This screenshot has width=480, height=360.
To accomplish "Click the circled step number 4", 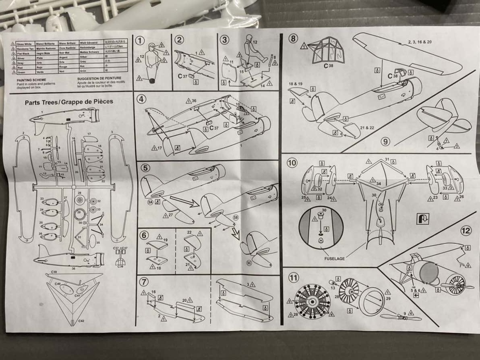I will click(x=141, y=99).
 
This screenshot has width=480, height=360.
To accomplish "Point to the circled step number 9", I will click(x=385, y=142).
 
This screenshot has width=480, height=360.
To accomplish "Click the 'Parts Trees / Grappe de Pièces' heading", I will click(x=69, y=101).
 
